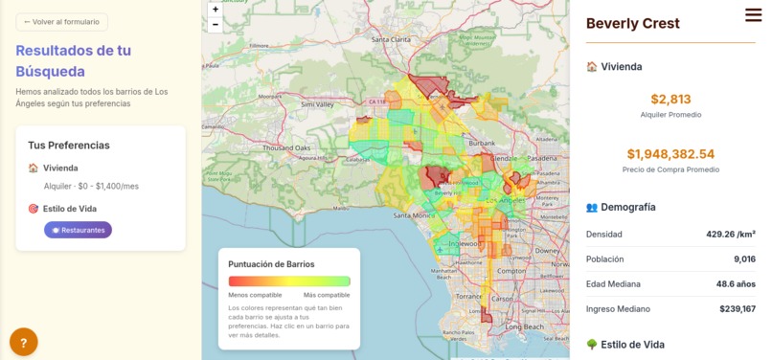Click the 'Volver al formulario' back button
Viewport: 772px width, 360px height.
point(61,22)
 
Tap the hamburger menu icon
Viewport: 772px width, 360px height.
point(754,14)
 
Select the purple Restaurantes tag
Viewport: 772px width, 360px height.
point(78,230)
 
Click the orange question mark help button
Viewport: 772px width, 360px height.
point(24,342)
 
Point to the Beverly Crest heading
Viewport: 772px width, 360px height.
point(633,24)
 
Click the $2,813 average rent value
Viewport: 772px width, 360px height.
point(670,99)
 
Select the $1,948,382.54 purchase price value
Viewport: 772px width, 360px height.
point(670,154)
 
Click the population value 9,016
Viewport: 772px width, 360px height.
point(744,259)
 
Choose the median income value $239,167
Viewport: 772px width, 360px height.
point(738,309)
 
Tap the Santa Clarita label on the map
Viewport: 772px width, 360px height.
point(390,40)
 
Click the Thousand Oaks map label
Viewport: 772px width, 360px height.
point(286,148)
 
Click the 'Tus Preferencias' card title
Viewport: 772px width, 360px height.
point(69,146)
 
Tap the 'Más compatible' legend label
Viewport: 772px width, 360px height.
point(327,295)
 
